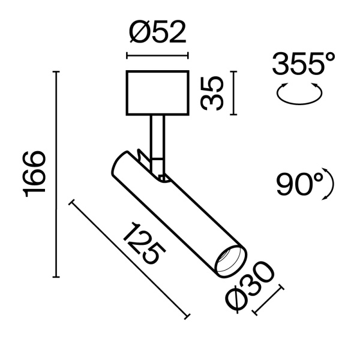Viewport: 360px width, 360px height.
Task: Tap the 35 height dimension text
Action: [212, 93]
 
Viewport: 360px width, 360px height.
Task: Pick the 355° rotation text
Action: [302, 64]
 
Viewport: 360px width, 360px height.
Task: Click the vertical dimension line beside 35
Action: [232, 93]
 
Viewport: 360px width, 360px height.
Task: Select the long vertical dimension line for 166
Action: [57, 174]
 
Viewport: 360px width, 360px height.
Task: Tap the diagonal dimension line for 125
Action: [129, 258]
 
